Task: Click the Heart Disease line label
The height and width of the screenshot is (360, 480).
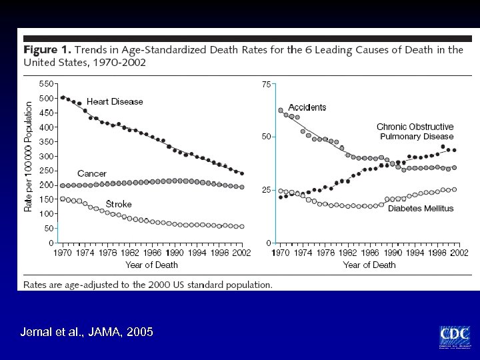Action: (115, 102)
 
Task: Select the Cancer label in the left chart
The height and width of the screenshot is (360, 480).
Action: (91, 173)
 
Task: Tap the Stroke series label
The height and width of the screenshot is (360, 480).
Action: (119, 204)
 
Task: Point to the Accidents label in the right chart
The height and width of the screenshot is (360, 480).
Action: (307, 107)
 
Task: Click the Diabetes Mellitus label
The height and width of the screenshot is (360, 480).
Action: (420, 208)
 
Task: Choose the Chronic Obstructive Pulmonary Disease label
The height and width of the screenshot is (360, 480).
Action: (415, 131)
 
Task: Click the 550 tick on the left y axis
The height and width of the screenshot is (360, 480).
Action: (47, 84)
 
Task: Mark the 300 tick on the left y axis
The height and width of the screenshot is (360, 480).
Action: (47, 156)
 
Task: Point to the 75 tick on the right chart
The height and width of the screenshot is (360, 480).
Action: (266, 85)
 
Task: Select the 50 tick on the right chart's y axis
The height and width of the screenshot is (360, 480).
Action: (266, 137)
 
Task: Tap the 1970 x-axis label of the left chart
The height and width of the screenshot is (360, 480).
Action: (63, 253)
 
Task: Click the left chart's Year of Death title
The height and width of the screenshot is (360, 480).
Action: (151, 265)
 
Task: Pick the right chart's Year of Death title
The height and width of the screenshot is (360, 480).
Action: (369, 265)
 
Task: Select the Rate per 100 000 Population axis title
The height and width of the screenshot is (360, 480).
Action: (29, 157)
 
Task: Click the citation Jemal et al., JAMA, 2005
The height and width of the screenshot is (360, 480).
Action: (87, 332)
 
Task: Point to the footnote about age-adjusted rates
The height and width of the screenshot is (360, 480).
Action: (148, 284)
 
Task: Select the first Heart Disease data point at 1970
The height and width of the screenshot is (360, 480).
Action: (63, 97)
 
